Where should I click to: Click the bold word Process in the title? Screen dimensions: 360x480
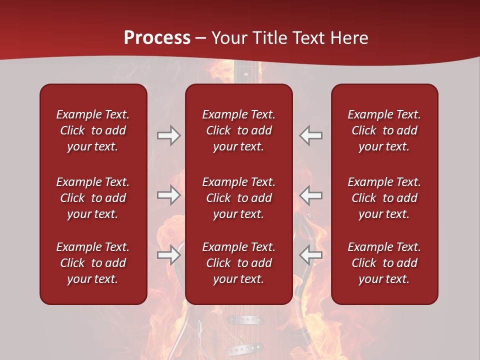coord(157,37)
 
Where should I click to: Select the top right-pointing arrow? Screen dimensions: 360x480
coord(168,135)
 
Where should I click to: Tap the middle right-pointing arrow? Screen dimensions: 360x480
coord(168,195)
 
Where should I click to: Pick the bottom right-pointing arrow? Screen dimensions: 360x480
coord(168,255)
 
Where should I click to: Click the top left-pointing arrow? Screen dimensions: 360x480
coord(311,135)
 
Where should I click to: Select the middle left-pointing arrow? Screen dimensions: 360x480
coord(311,195)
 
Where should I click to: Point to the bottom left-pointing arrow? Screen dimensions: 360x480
coord(311,255)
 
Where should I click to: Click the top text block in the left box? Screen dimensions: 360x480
coord(93,130)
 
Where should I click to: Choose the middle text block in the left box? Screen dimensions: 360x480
coord(93,198)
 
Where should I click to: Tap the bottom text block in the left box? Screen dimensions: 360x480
coord(93,263)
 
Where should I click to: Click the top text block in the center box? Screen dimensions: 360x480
coord(238,130)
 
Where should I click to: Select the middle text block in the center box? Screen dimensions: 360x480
coord(238,198)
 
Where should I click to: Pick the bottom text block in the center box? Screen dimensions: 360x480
coord(238,263)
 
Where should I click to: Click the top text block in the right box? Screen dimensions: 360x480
coord(384,130)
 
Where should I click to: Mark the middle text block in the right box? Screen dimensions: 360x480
coord(384,198)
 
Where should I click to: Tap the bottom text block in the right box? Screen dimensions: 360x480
coord(384,263)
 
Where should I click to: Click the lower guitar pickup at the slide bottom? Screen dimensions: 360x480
coord(244,348)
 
